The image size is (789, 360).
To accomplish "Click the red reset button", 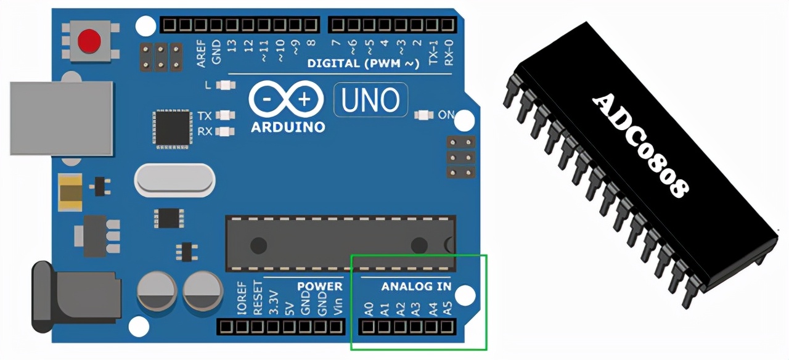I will (89, 41).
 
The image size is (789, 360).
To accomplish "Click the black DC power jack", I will (74, 297).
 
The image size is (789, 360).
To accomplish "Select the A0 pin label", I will (369, 308).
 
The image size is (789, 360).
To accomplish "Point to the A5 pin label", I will (449, 308).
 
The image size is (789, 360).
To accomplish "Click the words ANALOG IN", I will (416, 287).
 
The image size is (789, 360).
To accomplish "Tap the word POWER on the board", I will (319, 287).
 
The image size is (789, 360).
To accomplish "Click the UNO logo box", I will (370, 99).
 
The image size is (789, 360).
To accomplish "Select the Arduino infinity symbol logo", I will (285, 99).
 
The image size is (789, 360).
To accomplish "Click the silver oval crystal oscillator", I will (174, 180).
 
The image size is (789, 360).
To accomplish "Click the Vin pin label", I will (337, 306).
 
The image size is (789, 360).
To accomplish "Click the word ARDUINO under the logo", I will (288, 128).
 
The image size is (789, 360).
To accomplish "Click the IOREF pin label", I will (242, 300).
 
